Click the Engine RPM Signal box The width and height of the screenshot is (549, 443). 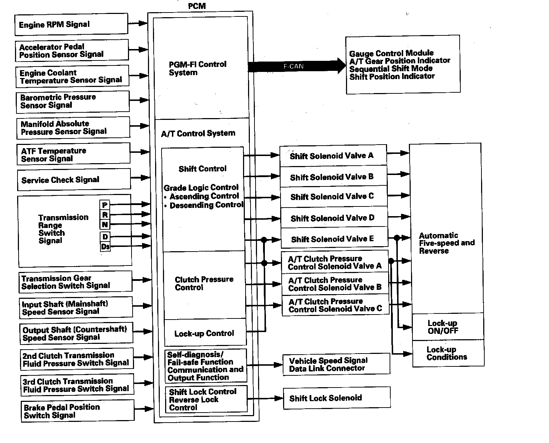(x=71, y=24)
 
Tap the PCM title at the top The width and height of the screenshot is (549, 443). (x=197, y=6)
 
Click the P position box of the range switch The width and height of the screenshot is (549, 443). (x=105, y=205)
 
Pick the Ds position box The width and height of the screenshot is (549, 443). (x=105, y=247)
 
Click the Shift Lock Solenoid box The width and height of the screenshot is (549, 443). (x=337, y=398)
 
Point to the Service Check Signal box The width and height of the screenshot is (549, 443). (x=74, y=180)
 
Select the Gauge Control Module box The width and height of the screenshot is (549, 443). (x=402, y=65)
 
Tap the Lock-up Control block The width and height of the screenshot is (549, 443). (x=205, y=333)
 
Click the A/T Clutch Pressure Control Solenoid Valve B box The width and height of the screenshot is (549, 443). (x=335, y=284)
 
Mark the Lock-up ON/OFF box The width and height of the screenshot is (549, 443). (x=448, y=327)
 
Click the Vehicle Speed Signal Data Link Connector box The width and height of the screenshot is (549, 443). (x=336, y=364)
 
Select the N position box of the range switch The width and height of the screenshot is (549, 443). (x=105, y=225)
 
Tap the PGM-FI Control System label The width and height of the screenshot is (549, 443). (x=198, y=68)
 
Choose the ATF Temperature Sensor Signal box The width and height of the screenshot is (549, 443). (x=73, y=155)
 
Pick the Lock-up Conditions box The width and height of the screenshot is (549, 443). (x=448, y=354)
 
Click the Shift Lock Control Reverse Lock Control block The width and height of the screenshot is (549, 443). (x=206, y=399)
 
